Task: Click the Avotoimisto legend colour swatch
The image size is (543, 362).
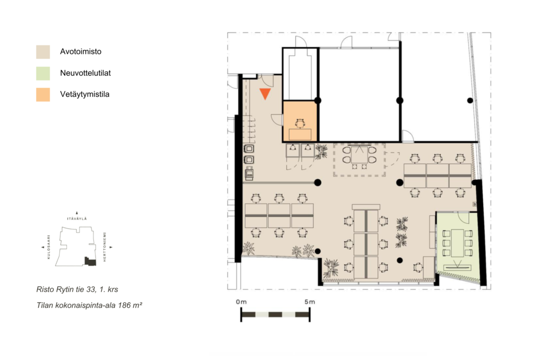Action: (x=43, y=51)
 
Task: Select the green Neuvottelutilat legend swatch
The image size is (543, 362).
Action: (x=43, y=73)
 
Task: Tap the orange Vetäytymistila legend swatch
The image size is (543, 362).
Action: (x=43, y=94)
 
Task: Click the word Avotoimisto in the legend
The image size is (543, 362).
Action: (x=81, y=51)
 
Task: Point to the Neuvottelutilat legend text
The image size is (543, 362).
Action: (x=85, y=73)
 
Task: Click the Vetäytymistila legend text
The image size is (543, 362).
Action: (x=85, y=94)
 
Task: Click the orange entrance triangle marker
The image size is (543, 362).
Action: (x=265, y=94)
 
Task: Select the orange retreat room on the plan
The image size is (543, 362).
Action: (x=300, y=121)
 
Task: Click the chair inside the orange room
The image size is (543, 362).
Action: (x=300, y=123)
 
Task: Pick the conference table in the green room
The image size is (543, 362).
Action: (x=457, y=242)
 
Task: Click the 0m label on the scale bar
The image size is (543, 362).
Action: (x=241, y=302)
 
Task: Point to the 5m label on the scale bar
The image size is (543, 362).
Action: (x=310, y=302)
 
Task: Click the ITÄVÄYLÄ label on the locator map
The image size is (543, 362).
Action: (x=77, y=219)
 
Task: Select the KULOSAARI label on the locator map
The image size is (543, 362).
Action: (x=48, y=247)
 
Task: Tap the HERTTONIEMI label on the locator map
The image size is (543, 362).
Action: (x=104, y=247)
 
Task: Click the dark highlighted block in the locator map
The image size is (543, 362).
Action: (x=90, y=261)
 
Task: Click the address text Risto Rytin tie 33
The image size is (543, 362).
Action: (x=65, y=289)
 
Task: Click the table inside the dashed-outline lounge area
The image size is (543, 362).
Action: (x=360, y=155)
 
